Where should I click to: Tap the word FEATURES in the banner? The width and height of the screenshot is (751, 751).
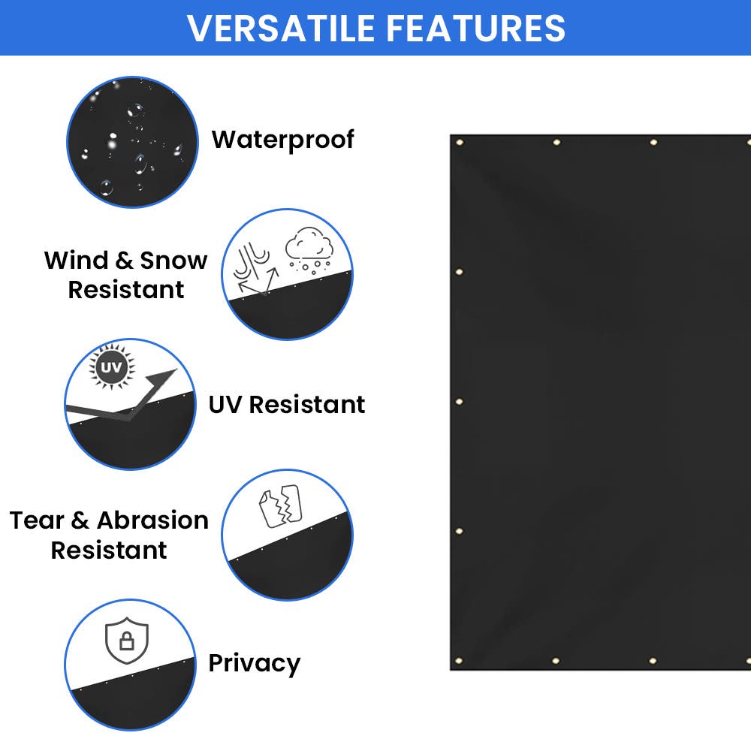pyautogui.click(x=475, y=28)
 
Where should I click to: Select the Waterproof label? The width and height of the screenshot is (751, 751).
pyautogui.click(x=282, y=140)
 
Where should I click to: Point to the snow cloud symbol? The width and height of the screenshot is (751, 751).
pyautogui.click(x=309, y=247)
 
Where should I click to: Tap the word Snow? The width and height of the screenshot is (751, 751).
pyautogui.click(x=173, y=261)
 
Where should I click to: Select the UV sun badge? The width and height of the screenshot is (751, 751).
pyautogui.click(x=111, y=368)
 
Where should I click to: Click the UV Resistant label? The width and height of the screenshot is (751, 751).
pyautogui.click(x=287, y=404)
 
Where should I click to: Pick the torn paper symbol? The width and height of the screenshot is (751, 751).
pyautogui.click(x=279, y=506)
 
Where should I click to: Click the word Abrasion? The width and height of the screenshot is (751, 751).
pyautogui.click(x=152, y=520)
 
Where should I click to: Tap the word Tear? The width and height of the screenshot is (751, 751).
pyautogui.click(x=39, y=520)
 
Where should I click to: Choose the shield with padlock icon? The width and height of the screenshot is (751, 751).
pyautogui.click(x=127, y=641)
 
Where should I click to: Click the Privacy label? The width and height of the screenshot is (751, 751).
pyautogui.click(x=254, y=663)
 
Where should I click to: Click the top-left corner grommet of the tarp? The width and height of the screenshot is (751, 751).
pyautogui.click(x=459, y=143)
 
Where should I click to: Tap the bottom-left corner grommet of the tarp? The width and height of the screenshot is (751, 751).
pyautogui.click(x=459, y=661)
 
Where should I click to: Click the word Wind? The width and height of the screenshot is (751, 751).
pyautogui.click(x=76, y=261)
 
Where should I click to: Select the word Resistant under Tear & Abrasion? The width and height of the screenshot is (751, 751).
pyautogui.click(x=109, y=550)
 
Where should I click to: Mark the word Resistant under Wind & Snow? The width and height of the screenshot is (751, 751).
pyautogui.click(x=126, y=290)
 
